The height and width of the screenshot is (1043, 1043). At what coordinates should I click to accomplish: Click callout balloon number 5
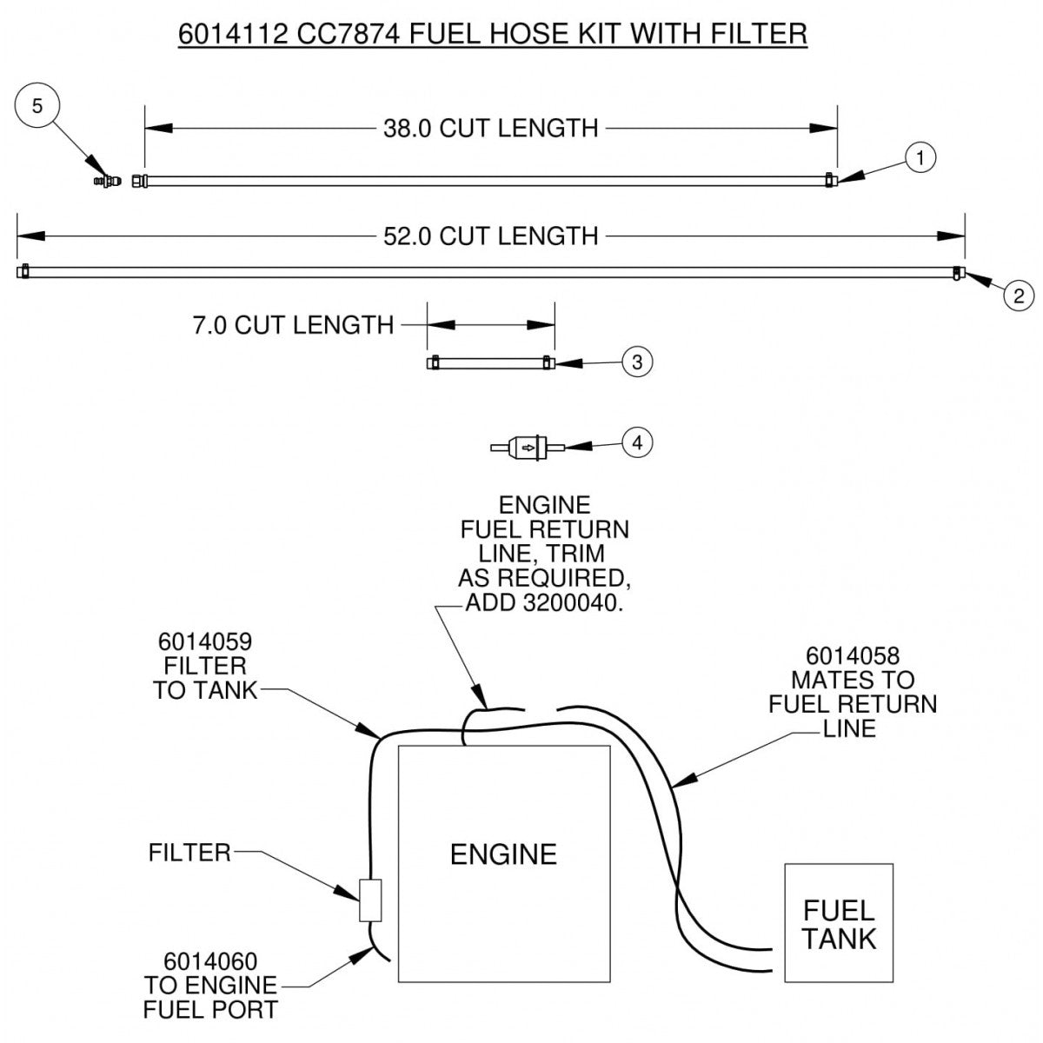pyautogui.click(x=37, y=106)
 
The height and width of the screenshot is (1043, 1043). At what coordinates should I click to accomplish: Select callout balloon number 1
pyautogui.click(x=921, y=157)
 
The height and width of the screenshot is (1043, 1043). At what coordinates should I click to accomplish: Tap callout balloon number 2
pyautogui.click(x=1018, y=295)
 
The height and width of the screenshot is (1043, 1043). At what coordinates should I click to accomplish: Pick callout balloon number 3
pyautogui.click(x=637, y=362)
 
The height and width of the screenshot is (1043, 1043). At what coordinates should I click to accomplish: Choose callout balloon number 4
pyautogui.click(x=637, y=442)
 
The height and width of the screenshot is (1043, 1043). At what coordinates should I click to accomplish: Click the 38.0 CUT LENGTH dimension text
pyautogui.click(x=490, y=129)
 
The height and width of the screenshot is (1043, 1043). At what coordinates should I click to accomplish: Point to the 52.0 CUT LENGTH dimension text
pyautogui.click(x=490, y=236)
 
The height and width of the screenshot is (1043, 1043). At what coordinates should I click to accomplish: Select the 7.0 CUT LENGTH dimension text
pyautogui.click(x=293, y=326)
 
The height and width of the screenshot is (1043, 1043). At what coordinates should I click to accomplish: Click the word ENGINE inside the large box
pyautogui.click(x=503, y=854)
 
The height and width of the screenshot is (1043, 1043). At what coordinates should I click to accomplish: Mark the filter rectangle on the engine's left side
pyautogui.click(x=370, y=900)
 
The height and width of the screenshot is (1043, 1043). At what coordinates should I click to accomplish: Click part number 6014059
pyautogui.click(x=205, y=642)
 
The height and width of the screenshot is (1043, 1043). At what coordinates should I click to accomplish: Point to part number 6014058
pyautogui.click(x=852, y=655)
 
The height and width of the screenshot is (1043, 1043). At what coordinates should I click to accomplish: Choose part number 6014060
pyautogui.click(x=210, y=962)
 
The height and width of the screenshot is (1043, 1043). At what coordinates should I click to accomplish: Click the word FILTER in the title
pyautogui.click(x=754, y=33)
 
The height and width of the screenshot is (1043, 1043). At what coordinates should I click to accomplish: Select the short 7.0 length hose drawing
pyautogui.click(x=490, y=362)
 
